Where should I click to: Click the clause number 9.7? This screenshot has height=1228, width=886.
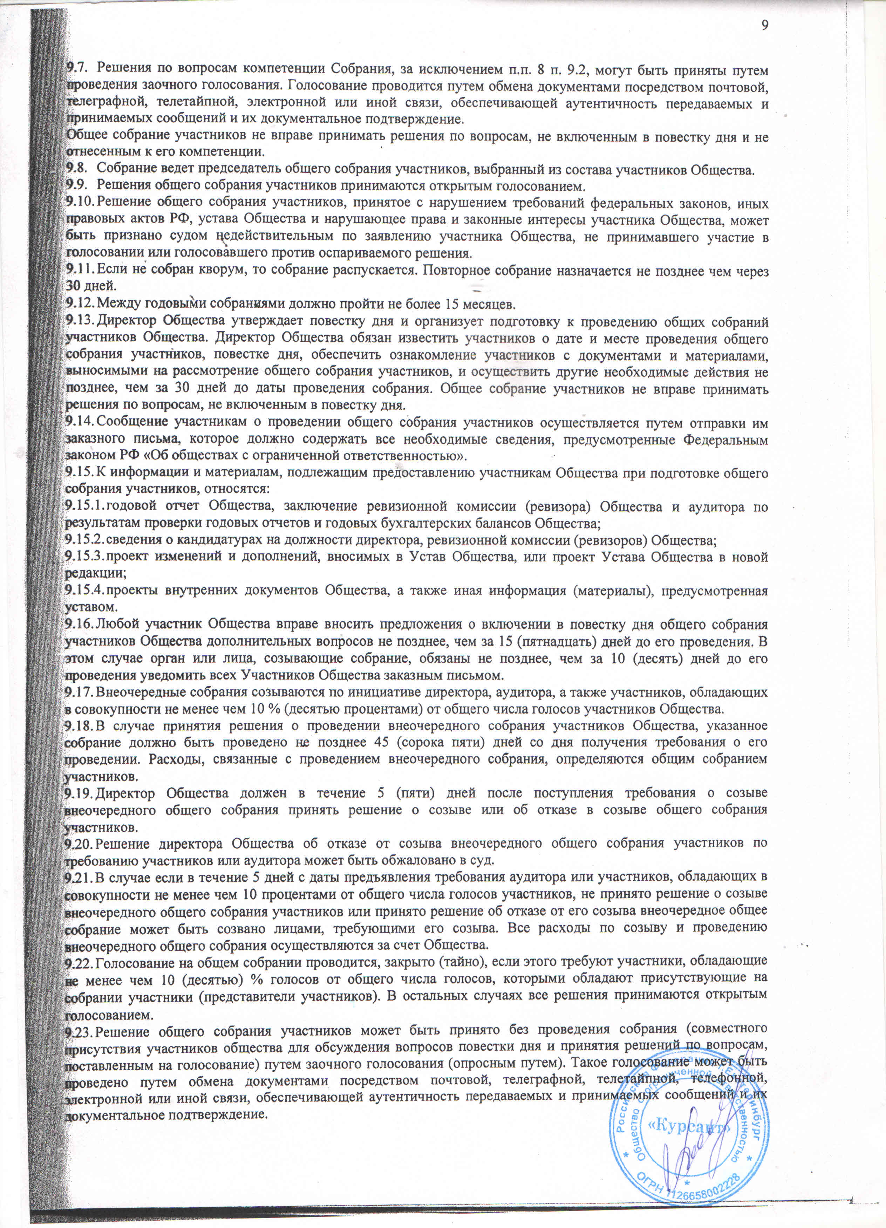tap(74, 69)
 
